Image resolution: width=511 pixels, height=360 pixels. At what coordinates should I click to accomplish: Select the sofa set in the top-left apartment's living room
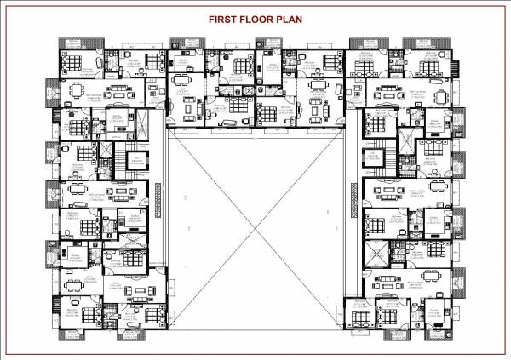[122, 89]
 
